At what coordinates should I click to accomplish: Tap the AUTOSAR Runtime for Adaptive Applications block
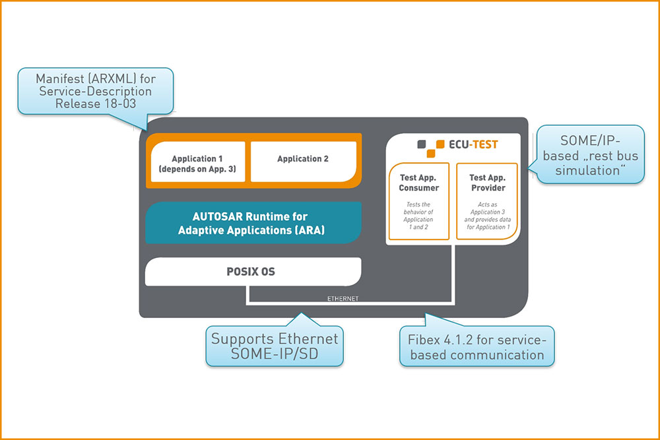(253, 223)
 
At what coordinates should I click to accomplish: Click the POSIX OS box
(253, 272)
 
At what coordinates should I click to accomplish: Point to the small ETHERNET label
(343, 299)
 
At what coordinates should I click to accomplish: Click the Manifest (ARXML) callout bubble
(96, 90)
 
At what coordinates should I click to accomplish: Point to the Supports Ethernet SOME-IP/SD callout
(275, 346)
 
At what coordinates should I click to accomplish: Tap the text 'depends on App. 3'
(198, 170)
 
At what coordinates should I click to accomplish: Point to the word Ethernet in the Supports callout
(308, 339)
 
